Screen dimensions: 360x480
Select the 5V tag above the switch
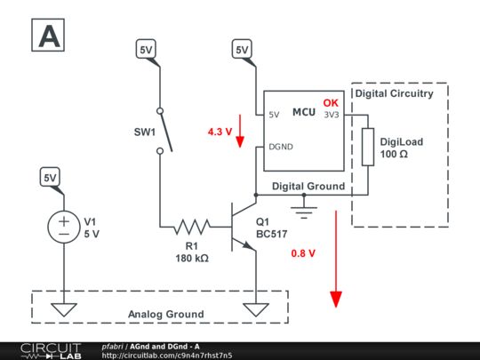point(146,52)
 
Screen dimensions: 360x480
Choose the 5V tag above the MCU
point(242,52)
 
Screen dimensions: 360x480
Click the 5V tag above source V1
point(51,179)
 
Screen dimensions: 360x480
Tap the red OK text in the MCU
point(331,103)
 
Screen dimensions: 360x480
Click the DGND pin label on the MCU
point(282,147)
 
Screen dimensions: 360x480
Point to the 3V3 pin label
point(330,115)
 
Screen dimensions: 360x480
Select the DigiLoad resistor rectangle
point(367,147)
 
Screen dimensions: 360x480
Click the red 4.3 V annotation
point(219,131)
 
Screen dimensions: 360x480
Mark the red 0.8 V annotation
point(303,253)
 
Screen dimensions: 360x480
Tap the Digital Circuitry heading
point(394,92)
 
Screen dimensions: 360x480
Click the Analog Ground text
point(165,314)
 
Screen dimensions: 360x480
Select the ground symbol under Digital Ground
point(308,209)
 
